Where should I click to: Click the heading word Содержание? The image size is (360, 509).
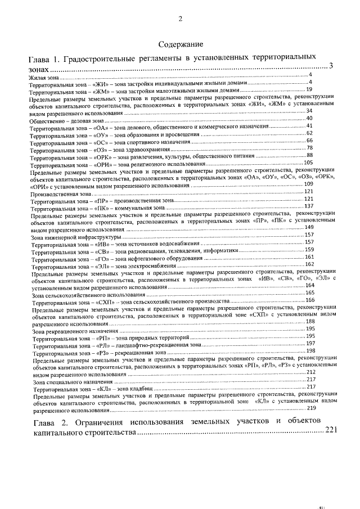point(180,44)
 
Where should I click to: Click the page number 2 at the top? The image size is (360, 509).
point(181,19)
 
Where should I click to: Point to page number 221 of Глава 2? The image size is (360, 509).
point(331,431)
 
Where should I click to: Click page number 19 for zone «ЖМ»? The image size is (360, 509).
point(309,89)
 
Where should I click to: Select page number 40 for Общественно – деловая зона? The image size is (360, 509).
point(309,118)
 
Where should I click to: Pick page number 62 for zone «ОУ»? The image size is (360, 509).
point(309,133)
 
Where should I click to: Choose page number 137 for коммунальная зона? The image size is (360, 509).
point(308,206)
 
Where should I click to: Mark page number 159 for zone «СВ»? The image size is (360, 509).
point(309,250)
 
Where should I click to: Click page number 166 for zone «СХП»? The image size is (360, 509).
point(309,300)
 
